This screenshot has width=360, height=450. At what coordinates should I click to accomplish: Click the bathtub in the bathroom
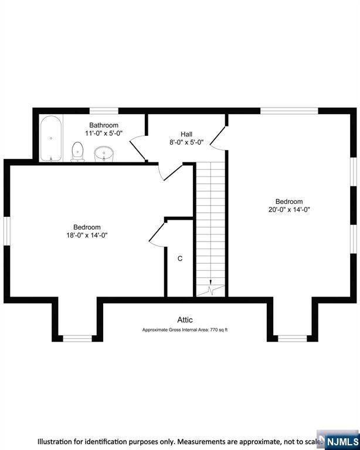tap(50, 139)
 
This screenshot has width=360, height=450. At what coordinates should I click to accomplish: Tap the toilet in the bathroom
tap(77, 152)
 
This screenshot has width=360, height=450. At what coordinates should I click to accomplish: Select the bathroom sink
tap(103, 154)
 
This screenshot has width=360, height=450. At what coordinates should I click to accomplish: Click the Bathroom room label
tap(104, 125)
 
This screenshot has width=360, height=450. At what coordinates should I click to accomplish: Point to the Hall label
tap(186, 134)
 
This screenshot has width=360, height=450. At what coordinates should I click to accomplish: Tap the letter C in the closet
tap(180, 258)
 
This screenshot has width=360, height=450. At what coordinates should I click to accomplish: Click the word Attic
tap(185, 319)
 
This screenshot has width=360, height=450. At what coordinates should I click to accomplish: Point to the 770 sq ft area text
tap(185, 330)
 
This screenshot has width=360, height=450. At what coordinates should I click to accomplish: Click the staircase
tap(210, 223)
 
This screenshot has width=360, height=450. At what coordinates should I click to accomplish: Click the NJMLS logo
tap(338, 440)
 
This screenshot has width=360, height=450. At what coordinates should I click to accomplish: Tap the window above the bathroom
tap(104, 111)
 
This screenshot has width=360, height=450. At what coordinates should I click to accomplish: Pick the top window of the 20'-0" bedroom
tap(289, 111)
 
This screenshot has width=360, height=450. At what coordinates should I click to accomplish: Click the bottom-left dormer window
tap(77, 338)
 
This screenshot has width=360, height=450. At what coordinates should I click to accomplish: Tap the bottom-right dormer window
tap(291, 338)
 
